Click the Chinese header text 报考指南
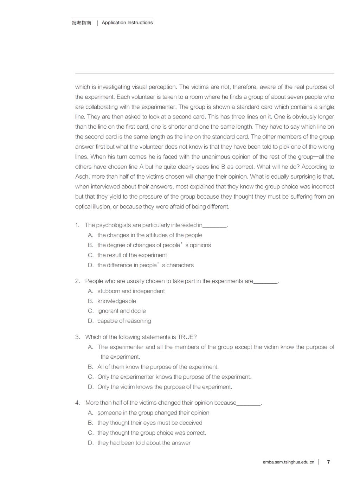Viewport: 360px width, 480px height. coord(81,23)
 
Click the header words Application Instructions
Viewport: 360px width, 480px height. coord(127,23)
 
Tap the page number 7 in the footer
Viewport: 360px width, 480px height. coord(328,462)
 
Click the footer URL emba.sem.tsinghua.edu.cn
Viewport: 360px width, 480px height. coord(288,462)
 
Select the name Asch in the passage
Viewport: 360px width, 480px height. coord(82,177)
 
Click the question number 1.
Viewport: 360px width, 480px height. coord(77,225)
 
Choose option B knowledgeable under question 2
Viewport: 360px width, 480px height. coord(116,301)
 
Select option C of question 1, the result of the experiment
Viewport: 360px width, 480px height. coord(132,255)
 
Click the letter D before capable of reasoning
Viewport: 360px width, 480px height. coord(91,321)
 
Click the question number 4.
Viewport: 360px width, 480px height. coord(77,403)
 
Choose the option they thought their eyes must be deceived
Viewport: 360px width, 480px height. coord(150,423)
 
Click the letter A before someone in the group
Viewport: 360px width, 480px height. coord(91,413)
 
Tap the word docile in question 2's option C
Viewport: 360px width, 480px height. coord(138,311)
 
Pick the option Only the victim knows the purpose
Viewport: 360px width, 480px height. coord(165,387)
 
